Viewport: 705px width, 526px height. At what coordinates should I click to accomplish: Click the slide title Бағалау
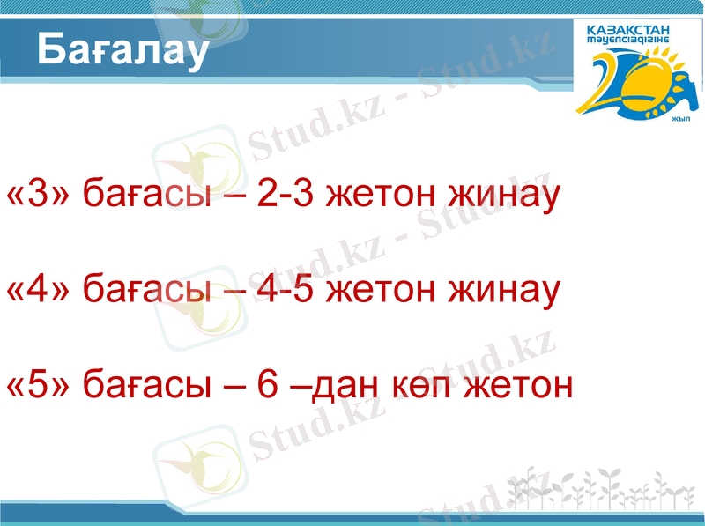click(x=122, y=51)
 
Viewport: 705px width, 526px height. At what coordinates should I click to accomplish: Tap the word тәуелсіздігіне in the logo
click(x=627, y=41)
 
